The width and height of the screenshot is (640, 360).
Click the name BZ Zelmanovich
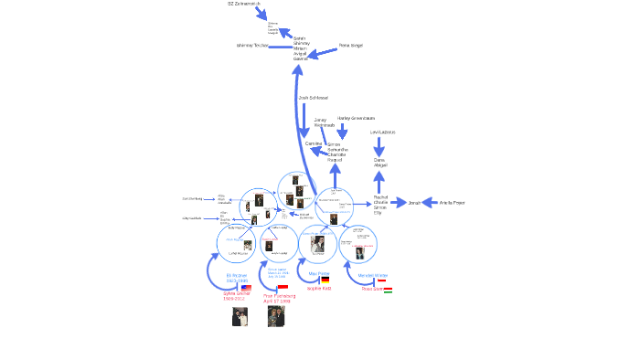coord(242,5)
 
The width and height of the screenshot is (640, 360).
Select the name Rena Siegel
coord(350,45)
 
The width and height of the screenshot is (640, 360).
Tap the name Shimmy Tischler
coord(251,45)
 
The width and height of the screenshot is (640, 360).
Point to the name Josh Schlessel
coord(313,98)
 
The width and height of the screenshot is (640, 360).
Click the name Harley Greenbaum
coord(356,118)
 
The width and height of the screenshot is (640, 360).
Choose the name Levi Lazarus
coord(382,132)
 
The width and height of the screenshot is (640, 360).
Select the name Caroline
coord(315,144)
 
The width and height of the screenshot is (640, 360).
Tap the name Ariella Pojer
coord(453,202)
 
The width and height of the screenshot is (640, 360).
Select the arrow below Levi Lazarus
coord(379,145)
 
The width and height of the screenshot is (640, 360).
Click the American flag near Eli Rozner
coord(246,287)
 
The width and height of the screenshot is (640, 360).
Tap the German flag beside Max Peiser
coord(325,280)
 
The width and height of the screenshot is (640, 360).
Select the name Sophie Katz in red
coord(319,288)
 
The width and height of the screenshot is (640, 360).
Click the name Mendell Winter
coord(372,274)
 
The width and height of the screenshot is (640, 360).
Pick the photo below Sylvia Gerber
coord(239,316)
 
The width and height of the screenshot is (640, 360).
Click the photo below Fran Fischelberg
coord(276,316)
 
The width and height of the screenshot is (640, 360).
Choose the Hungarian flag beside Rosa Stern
coord(388,289)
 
